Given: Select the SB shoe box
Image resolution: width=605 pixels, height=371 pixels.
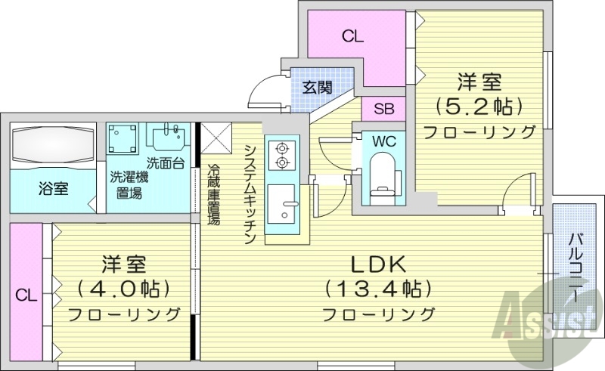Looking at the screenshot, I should [x=383, y=108].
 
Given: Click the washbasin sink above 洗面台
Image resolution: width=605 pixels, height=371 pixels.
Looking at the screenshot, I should [x=167, y=138].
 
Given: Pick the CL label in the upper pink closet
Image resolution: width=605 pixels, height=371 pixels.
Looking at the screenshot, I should [x=350, y=36].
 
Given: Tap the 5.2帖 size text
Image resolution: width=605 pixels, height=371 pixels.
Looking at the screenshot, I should [x=479, y=105].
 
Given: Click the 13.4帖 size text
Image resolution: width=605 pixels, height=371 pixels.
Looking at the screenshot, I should [x=377, y=289].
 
